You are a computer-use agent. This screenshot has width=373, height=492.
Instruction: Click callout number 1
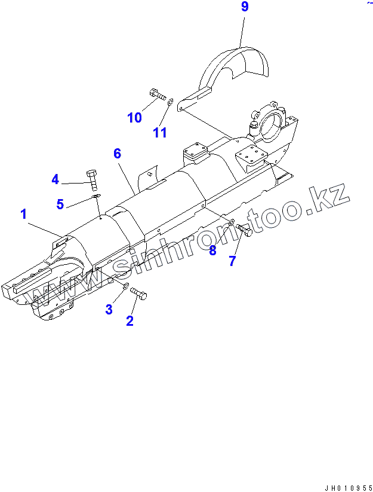pos(24,213)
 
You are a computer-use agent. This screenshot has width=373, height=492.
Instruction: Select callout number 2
pos(130,320)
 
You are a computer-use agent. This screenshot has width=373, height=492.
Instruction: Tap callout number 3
pos(109,308)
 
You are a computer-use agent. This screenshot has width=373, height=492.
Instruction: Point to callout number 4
pos(55,179)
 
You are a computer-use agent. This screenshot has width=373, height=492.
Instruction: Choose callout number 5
pos(60,204)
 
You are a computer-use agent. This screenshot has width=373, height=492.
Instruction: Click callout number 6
pos(118,154)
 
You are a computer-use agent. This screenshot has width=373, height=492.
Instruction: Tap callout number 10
pos(135,118)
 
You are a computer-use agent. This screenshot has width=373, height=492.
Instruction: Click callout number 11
pos(159,132)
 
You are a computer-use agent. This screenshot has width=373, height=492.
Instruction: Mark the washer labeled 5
pos(95,195)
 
